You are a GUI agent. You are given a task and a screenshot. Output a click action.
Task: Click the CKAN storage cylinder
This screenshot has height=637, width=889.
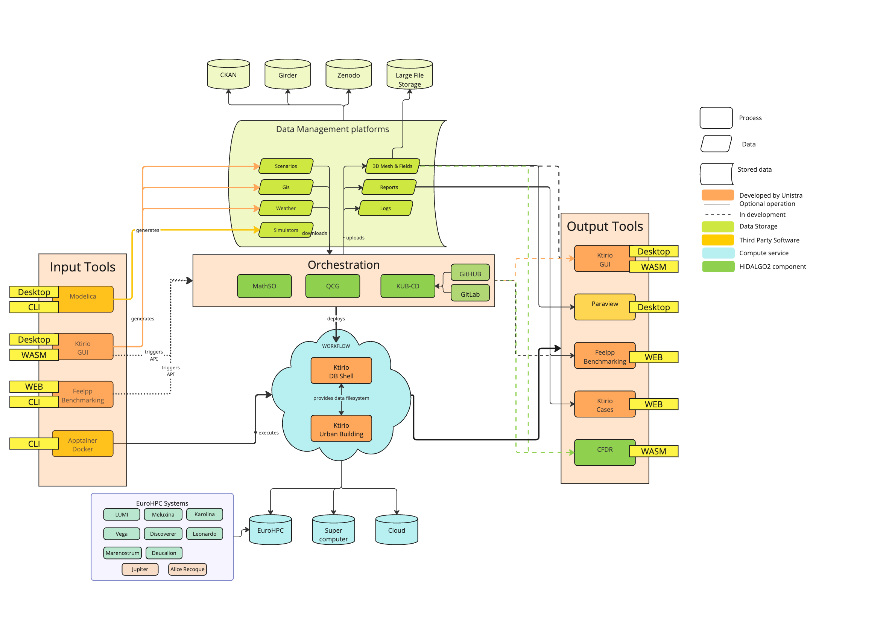coord(228,75)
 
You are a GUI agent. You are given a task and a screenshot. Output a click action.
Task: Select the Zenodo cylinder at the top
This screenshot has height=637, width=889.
coord(348,75)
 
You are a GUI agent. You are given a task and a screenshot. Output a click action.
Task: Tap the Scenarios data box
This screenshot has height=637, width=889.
coord(286,166)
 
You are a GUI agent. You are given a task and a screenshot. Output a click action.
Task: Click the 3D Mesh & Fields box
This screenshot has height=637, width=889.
coord(392,166)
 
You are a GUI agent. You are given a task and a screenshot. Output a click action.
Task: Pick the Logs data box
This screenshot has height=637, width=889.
coord(386,208)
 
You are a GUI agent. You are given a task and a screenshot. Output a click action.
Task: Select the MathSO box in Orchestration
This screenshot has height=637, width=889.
coord(264,286)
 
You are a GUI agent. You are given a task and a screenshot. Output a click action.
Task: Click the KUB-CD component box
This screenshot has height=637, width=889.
coord(408,286)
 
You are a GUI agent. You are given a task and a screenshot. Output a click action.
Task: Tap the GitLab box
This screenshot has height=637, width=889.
coord(470,294)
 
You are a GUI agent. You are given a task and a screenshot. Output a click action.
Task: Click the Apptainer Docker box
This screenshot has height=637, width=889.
coord(83,444)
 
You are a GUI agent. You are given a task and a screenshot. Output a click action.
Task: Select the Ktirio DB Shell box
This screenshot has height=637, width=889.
coord(341,371)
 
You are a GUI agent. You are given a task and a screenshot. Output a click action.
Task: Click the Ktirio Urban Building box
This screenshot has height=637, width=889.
coord(341,429)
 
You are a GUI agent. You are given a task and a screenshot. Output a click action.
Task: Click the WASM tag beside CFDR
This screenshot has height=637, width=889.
coord(653,451)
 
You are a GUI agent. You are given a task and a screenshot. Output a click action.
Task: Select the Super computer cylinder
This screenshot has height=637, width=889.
coord(334,531)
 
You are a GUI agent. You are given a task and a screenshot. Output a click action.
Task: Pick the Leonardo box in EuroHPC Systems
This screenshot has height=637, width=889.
coord(205,534)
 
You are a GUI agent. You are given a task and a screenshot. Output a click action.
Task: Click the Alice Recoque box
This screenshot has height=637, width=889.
coord(187,569)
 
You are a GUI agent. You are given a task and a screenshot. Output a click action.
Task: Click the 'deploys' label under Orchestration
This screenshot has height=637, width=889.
coord(336,318)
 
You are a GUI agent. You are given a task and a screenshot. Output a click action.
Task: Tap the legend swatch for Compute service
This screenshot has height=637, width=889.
coord(718,253)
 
